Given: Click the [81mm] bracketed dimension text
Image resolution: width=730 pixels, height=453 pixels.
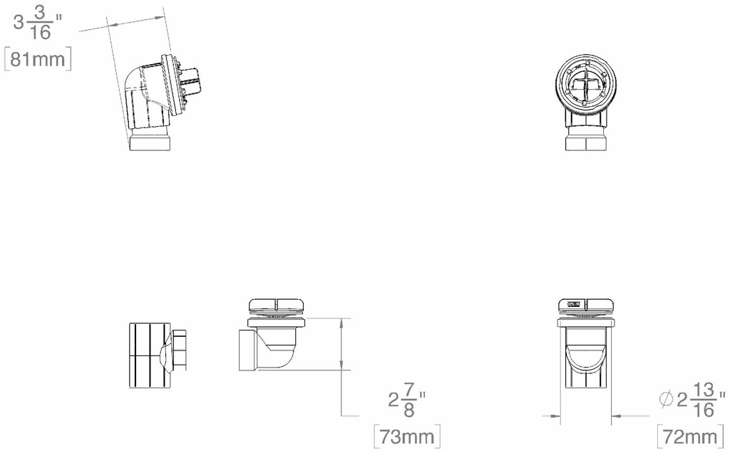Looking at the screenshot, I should point(38,58).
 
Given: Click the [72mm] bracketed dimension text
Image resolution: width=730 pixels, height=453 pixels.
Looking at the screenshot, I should point(689,435).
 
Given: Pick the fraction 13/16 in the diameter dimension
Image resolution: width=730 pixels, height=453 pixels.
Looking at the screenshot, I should point(704,400).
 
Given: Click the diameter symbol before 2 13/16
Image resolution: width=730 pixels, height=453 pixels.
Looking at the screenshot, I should point(667,400).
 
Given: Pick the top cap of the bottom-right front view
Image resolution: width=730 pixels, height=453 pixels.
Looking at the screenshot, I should point(585,306).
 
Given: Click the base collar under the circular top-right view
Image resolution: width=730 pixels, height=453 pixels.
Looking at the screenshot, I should point(585,142).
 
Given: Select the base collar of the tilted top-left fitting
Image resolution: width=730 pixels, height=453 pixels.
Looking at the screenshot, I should point(151,141).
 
